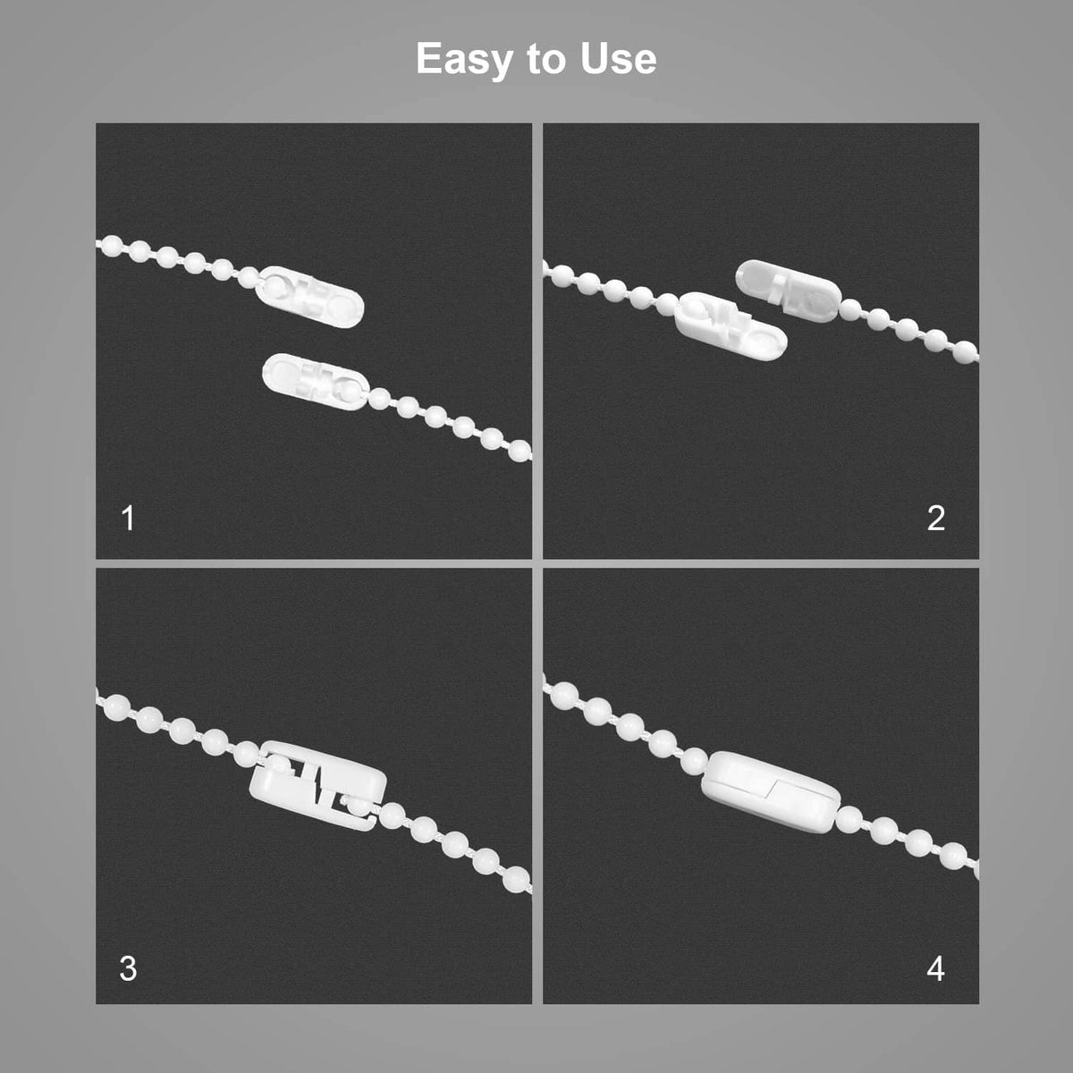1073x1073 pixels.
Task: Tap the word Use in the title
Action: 618,58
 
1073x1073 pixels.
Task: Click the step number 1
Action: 128,519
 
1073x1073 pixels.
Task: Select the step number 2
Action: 936,519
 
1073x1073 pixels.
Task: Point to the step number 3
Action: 128,968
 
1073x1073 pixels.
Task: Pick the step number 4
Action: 936,969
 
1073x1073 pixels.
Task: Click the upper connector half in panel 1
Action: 309,297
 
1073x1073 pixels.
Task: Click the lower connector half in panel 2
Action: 730,325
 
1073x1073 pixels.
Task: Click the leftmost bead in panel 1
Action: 113,246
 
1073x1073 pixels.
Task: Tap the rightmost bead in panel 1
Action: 520,450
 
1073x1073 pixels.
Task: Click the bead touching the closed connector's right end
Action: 849,818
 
